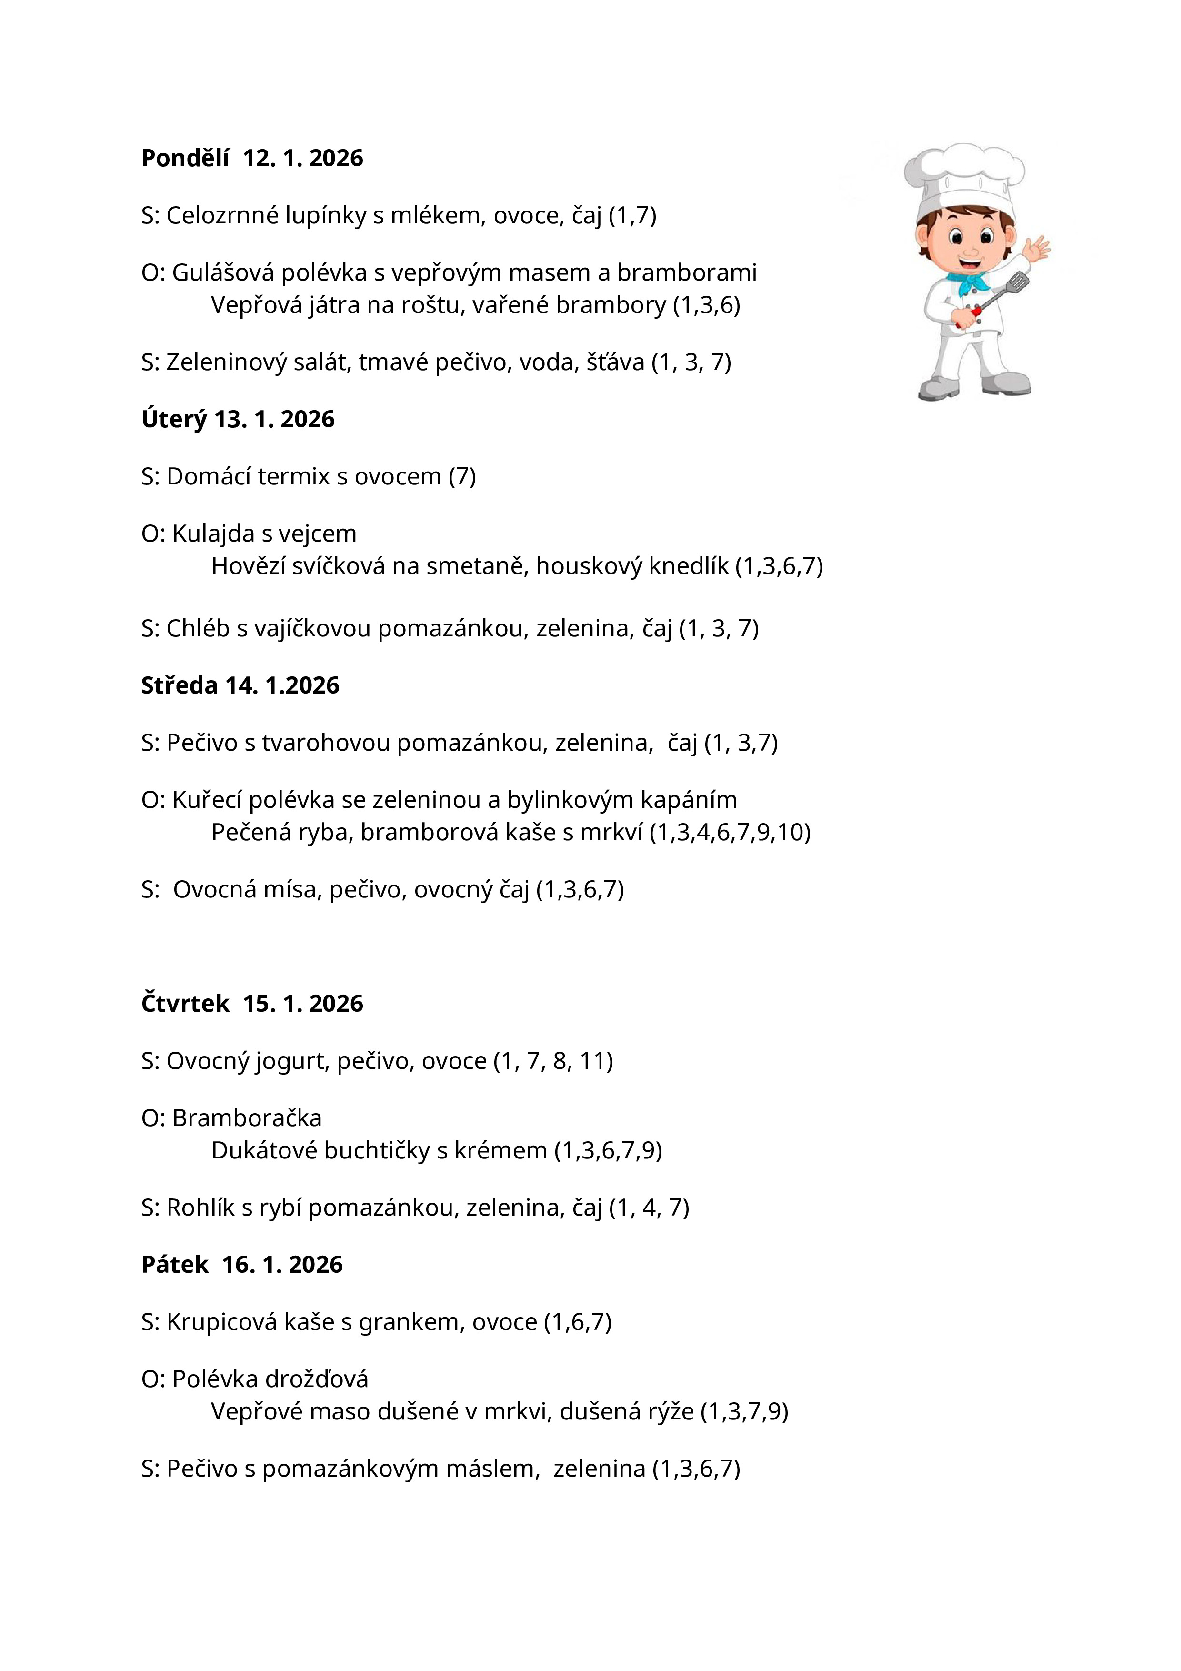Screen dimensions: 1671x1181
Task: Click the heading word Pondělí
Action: tap(185, 158)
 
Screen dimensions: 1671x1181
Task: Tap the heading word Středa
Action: tap(179, 685)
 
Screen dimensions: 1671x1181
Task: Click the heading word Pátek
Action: tap(175, 1264)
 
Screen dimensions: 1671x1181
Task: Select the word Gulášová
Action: tap(223, 273)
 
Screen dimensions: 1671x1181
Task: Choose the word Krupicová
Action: tap(222, 1322)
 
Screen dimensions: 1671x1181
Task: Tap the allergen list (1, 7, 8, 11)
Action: tap(553, 1061)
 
